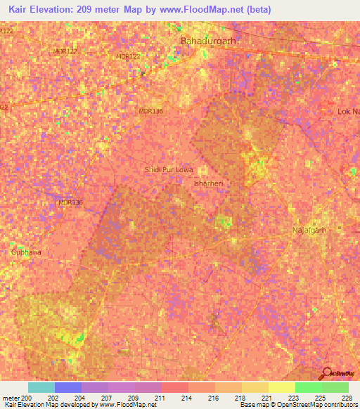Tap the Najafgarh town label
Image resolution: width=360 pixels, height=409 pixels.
310,230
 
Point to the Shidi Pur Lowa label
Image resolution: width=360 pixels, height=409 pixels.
168,169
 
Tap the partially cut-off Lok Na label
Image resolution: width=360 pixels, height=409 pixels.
348,112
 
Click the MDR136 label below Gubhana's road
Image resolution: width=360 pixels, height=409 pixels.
70,202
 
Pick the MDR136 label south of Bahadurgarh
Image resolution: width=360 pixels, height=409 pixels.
150,111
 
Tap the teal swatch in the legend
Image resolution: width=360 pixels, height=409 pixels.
41,387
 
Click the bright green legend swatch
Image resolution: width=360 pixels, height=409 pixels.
308,387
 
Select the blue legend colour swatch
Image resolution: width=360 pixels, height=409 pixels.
67,387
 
